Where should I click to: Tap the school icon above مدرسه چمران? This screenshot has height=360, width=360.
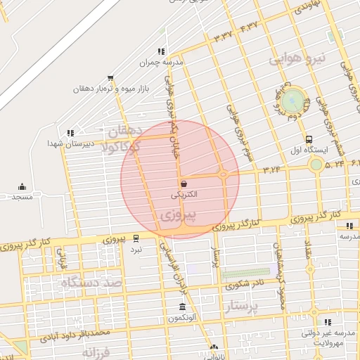[161, 51]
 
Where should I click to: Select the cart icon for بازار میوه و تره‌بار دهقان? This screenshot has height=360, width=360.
[110, 78]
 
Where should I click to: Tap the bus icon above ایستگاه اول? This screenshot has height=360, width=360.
[309, 139]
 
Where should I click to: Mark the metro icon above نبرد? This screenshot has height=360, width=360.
[136, 238]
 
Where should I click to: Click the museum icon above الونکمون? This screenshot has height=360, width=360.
[182, 307]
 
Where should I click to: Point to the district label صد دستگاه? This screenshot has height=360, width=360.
[91, 282]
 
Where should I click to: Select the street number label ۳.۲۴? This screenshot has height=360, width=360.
[271, 169]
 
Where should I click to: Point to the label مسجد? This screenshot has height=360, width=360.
[22, 197]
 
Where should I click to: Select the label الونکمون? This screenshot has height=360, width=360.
[181, 319]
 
